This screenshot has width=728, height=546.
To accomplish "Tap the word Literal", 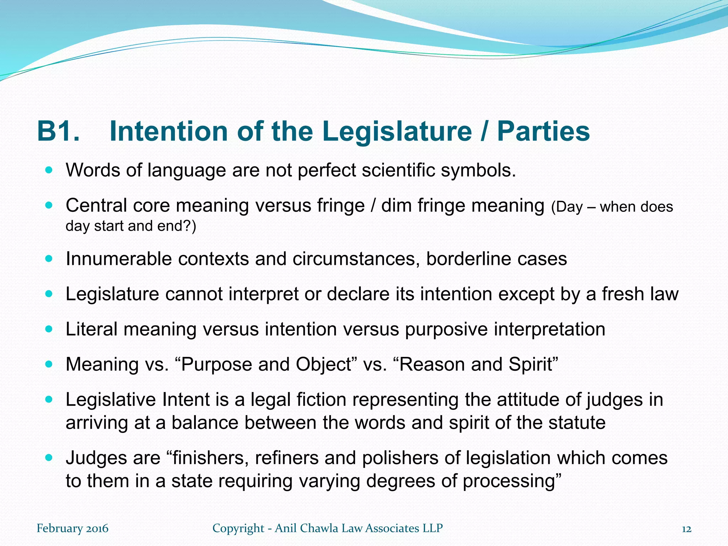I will (92, 329).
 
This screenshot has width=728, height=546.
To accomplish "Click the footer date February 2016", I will (73, 529).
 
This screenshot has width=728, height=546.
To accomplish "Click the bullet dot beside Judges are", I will (49, 457).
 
